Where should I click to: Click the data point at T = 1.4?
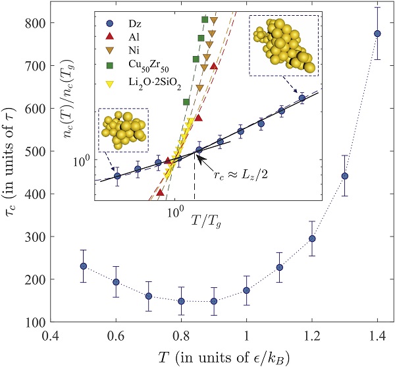pyautogui.click(x=377, y=34)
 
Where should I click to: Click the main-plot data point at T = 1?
pyautogui.click(x=246, y=290)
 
